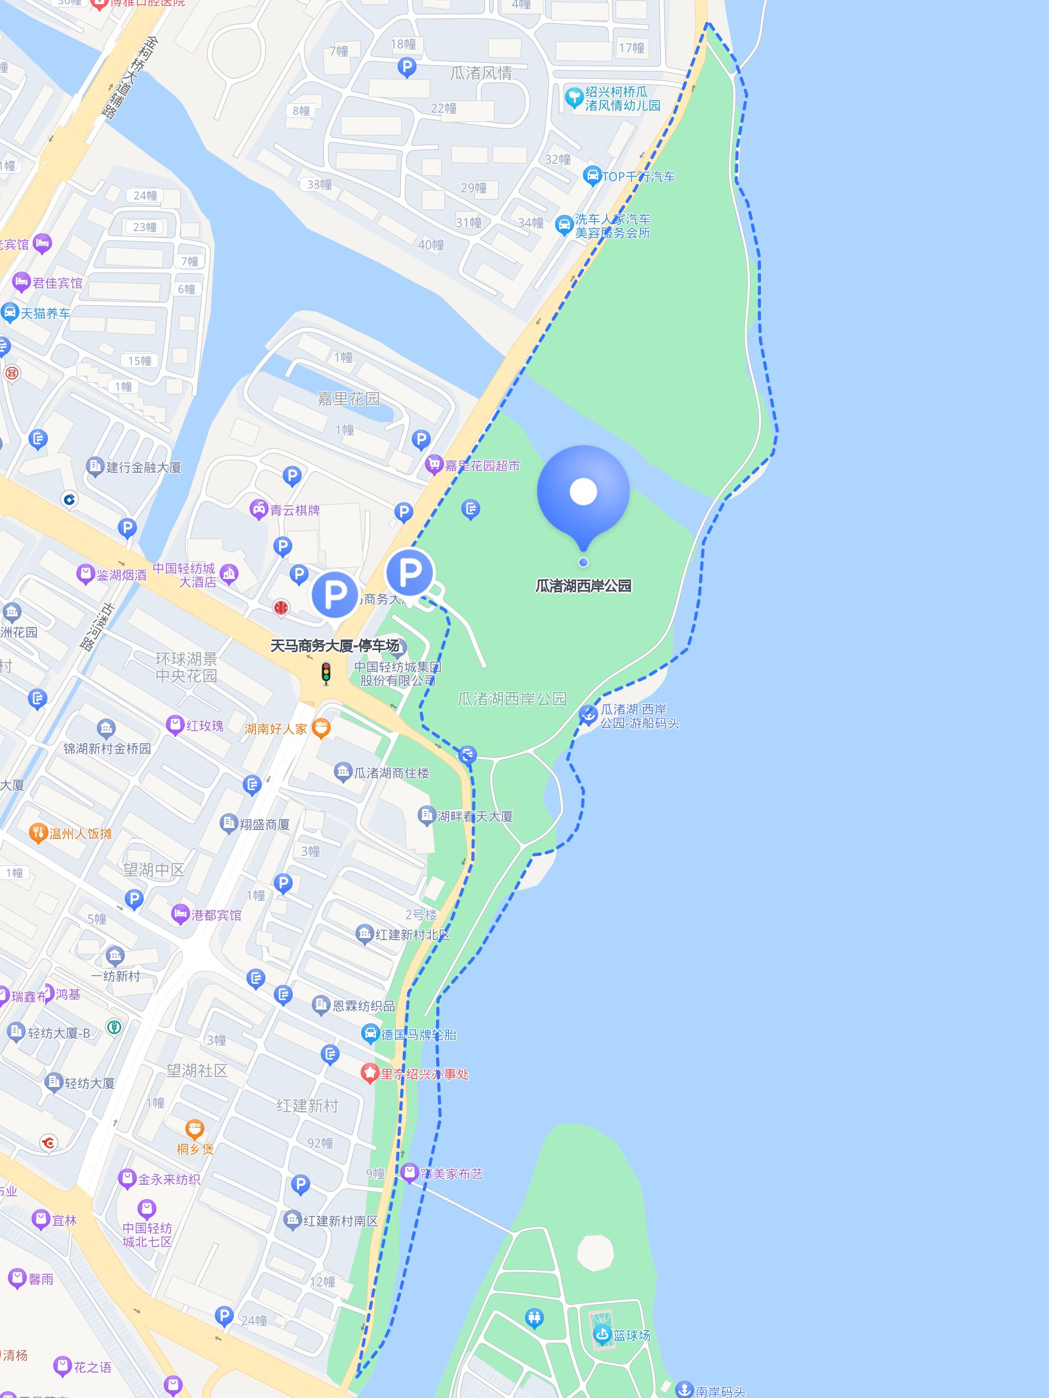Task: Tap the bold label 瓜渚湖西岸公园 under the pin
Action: coord(583,586)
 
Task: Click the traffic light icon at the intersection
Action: coord(326,673)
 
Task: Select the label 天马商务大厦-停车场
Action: coord(334,645)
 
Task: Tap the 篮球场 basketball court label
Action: coord(631,1335)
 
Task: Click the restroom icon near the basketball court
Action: coord(535,1318)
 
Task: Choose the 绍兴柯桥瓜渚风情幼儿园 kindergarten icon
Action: coord(573,97)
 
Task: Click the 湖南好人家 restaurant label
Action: coord(276,728)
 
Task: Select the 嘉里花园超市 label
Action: coord(482,466)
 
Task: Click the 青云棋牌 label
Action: coord(295,510)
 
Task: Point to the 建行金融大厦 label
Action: coord(144,467)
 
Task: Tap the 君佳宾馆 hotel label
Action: coord(57,283)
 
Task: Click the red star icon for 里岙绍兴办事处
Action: coord(369,1073)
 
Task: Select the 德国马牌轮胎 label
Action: coord(418,1035)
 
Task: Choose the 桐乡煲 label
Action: coord(195,1149)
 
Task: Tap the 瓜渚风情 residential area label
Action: coord(481,73)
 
